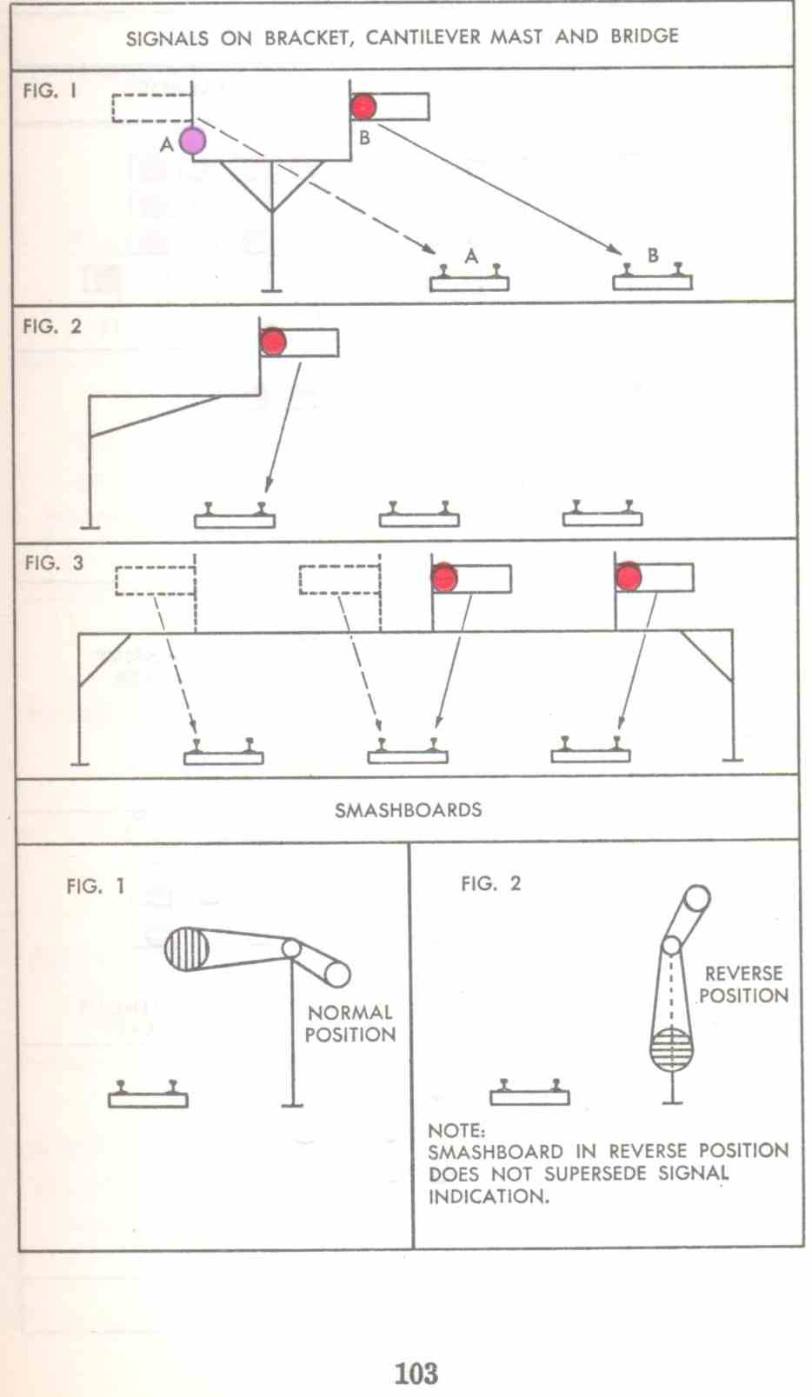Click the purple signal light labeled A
pyautogui.click(x=192, y=140)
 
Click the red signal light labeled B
pyautogui.click(x=363, y=106)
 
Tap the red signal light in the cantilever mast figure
pyautogui.click(x=273, y=342)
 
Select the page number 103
pyautogui.click(x=416, y=1373)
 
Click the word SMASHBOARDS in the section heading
pyautogui.click(x=408, y=810)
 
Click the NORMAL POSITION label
pyautogui.click(x=350, y=1023)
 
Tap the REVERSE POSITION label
pyautogui.click(x=743, y=984)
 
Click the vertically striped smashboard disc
pyautogui.click(x=187, y=948)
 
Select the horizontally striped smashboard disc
pyautogui.click(x=671, y=1048)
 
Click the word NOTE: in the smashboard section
pyautogui.click(x=456, y=1130)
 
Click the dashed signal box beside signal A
pyautogui.click(x=151, y=108)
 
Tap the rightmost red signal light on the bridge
pyautogui.click(x=629, y=577)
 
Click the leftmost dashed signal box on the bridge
pyautogui.click(x=156, y=581)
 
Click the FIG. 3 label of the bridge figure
pyautogui.click(x=54, y=563)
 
